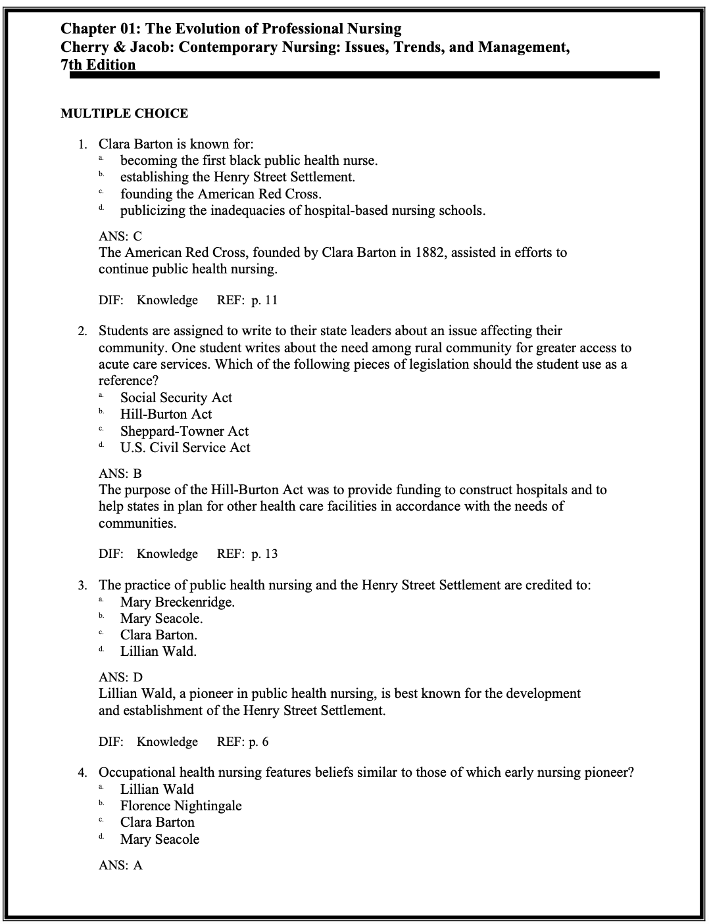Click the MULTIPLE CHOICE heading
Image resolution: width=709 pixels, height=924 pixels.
tap(124, 114)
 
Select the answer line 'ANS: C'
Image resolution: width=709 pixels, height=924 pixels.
tap(120, 236)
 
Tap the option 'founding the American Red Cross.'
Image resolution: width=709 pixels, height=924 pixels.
tap(220, 194)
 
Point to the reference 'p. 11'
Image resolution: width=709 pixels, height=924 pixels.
tap(264, 300)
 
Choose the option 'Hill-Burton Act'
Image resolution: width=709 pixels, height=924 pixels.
tap(166, 414)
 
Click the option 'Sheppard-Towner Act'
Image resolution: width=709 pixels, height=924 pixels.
tap(184, 431)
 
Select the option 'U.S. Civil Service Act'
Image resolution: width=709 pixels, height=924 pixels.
tap(185, 448)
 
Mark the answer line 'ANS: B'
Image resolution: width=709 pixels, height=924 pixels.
tap(120, 473)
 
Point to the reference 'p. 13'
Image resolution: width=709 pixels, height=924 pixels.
tap(264, 554)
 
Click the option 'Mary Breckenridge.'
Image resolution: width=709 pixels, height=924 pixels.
tap(177, 602)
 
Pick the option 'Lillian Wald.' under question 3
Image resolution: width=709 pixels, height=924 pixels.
tap(158, 651)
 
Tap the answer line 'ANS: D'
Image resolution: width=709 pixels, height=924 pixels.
tap(120, 677)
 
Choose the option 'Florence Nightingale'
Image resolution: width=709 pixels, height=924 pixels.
tap(181, 806)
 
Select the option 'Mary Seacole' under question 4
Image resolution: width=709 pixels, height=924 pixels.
tap(159, 839)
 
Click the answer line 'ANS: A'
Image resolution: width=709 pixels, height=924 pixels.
tap(120, 866)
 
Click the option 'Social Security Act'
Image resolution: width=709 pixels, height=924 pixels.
tap(176, 398)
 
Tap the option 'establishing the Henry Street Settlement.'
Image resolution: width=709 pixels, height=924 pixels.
tap(237, 177)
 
